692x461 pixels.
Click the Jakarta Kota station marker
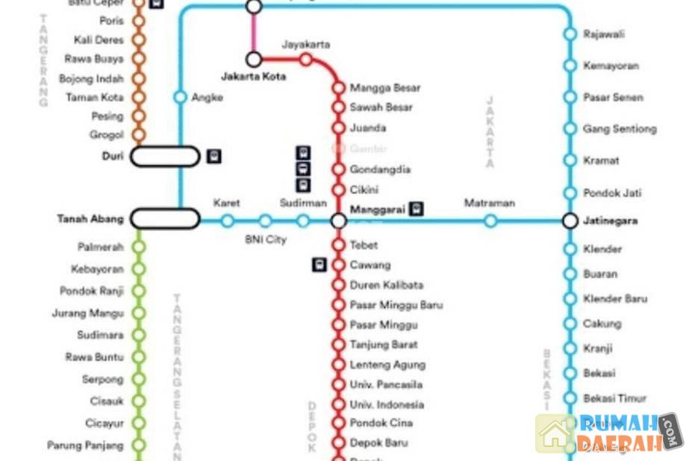[x=254, y=59]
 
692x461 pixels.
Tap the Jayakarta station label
[x=305, y=45]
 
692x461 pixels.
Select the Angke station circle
[x=180, y=97]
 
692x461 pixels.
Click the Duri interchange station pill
[x=165, y=157]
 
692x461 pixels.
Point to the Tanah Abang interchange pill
[x=165, y=219]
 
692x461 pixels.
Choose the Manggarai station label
[x=378, y=210]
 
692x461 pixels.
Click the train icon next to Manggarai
[x=416, y=210]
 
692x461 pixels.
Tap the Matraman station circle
[x=490, y=221]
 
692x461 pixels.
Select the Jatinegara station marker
[x=570, y=221]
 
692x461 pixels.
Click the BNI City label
[x=266, y=240]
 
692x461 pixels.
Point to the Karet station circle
[x=227, y=221]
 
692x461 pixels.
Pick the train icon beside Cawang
[x=319, y=264]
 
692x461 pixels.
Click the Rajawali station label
[x=604, y=34]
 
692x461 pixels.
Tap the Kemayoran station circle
[x=570, y=66]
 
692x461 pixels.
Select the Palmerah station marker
[x=138, y=246]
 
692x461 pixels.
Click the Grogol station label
[x=107, y=136]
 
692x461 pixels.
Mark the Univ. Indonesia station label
[x=387, y=404]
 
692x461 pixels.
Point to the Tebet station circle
[x=338, y=245]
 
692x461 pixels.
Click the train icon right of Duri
[x=214, y=157]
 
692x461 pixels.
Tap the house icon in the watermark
[x=555, y=434]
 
